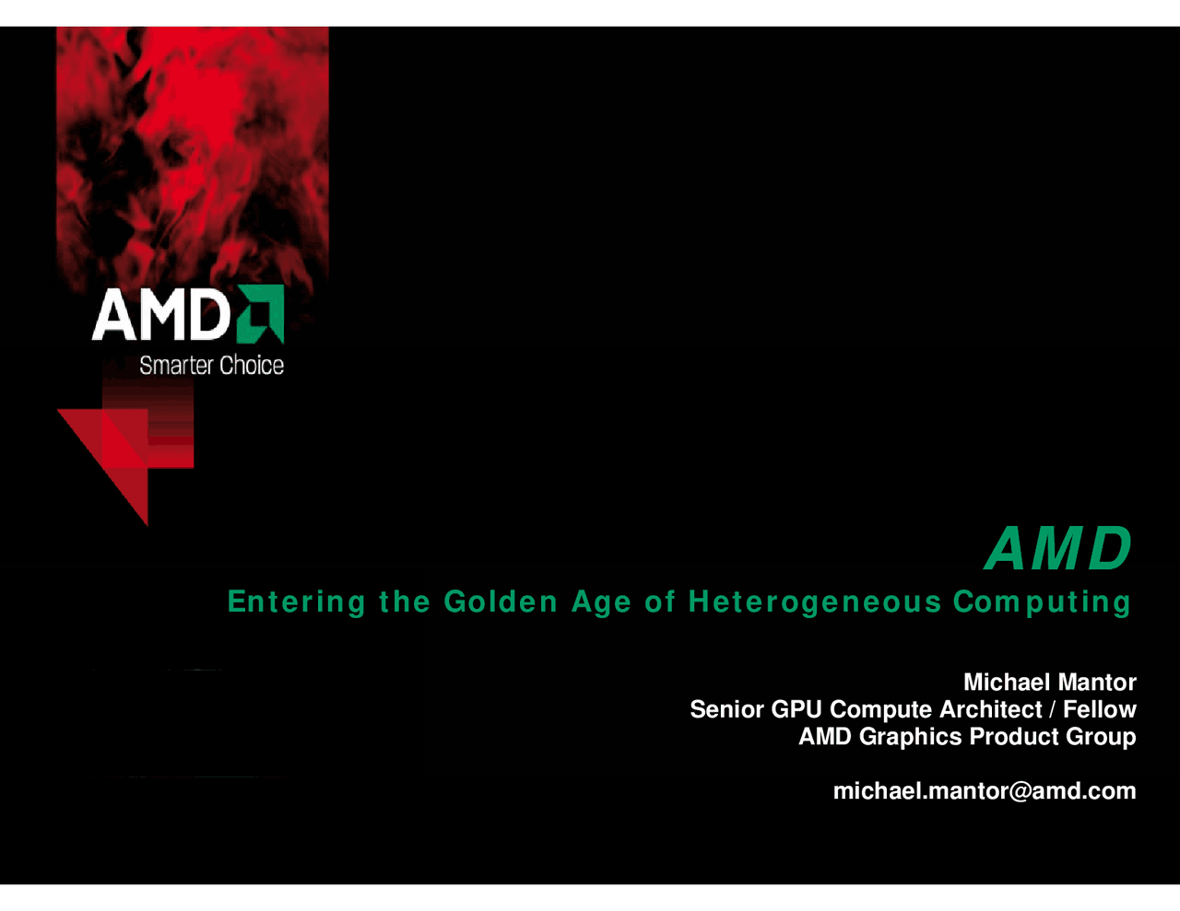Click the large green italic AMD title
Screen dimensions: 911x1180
coord(1058,549)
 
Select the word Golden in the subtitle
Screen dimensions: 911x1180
coord(501,602)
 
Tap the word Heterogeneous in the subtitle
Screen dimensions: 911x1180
coord(815,602)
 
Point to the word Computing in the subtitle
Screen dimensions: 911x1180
coord(1042,602)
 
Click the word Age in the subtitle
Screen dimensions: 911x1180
coord(601,602)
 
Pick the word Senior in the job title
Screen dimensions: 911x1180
coord(726,709)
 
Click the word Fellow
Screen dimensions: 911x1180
coord(1099,709)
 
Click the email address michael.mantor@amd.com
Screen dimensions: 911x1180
coord(984,791)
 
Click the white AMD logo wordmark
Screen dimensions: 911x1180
coord(160,315)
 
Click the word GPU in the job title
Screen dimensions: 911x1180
coord(796,709)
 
